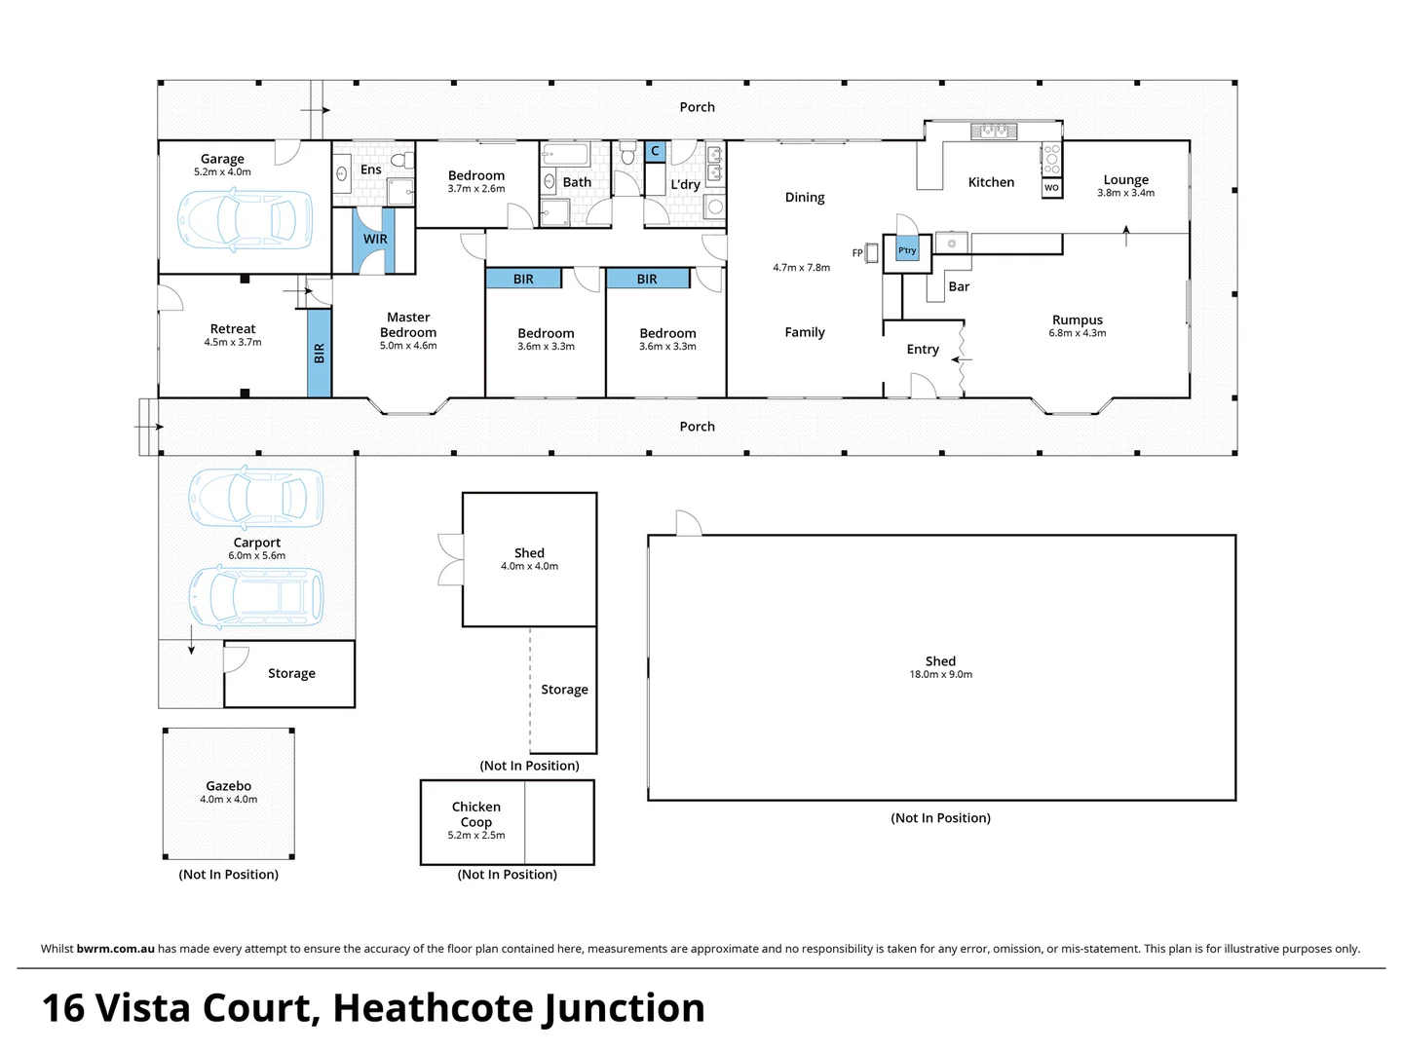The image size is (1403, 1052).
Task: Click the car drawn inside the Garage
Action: click(x=245, y=219)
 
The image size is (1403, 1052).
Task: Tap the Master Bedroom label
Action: click(x=408, y=324)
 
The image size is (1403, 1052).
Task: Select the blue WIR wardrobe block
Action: click(x=375, y=240)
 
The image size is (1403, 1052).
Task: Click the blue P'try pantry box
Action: click(x=907, y=250)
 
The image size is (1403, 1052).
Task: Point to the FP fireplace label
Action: click(x=857, y=253)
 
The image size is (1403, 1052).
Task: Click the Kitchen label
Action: click(x=991, y=182)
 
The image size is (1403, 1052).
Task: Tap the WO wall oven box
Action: click(x=1051, y=188)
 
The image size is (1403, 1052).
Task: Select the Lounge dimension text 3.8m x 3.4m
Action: click(x=1125, y=193)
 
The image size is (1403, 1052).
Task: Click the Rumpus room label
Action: click(x=1078, y=319)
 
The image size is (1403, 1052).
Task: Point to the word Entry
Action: click(x=923, y=349)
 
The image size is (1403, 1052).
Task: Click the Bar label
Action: click(x=959, y=286)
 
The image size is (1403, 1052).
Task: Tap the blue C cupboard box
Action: click(x=655, y=151)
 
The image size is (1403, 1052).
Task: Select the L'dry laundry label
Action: click(x=685, y=184)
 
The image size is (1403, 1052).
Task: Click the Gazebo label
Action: click(x=229, y=786)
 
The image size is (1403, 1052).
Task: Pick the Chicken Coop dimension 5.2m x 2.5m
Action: click(x=476, y=835)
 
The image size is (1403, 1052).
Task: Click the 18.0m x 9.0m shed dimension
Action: click(x=940, y=674)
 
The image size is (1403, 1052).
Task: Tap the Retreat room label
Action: click(x=233, y=329)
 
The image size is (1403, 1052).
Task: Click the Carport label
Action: click(x=257, y=543)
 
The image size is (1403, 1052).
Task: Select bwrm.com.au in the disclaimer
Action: click(x=115, y=949)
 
